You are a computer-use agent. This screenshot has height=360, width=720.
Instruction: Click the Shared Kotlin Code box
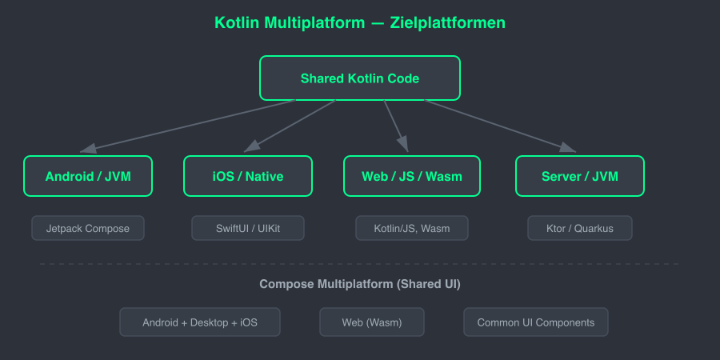(360, 78)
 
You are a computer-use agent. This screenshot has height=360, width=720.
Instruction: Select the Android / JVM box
(88, 176)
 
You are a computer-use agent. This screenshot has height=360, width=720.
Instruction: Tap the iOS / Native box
(248, 176)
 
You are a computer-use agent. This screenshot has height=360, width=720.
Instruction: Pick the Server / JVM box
(580, 176)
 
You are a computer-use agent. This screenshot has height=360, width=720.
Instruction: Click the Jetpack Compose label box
(88, 228)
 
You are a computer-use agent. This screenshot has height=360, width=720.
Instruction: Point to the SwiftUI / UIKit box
(248, 228)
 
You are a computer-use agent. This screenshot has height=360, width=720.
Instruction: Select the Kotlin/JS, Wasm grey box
(412, 228)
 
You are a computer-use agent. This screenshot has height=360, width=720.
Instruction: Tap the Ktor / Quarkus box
(580, 228)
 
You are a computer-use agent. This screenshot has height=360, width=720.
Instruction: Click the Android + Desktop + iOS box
(200, 322)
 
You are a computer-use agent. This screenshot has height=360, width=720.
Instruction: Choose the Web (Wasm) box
(372, 322)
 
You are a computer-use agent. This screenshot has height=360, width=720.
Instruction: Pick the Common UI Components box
(536, 322)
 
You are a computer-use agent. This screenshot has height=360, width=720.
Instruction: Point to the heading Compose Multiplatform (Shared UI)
(360, 284)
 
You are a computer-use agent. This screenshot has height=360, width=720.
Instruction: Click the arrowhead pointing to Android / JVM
(89, 147)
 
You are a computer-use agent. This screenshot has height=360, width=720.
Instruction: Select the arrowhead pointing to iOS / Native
(252, 146)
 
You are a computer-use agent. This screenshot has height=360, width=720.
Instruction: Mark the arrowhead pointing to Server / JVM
(567, 147)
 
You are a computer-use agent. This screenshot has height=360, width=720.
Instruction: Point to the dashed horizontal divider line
(360, 264)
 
